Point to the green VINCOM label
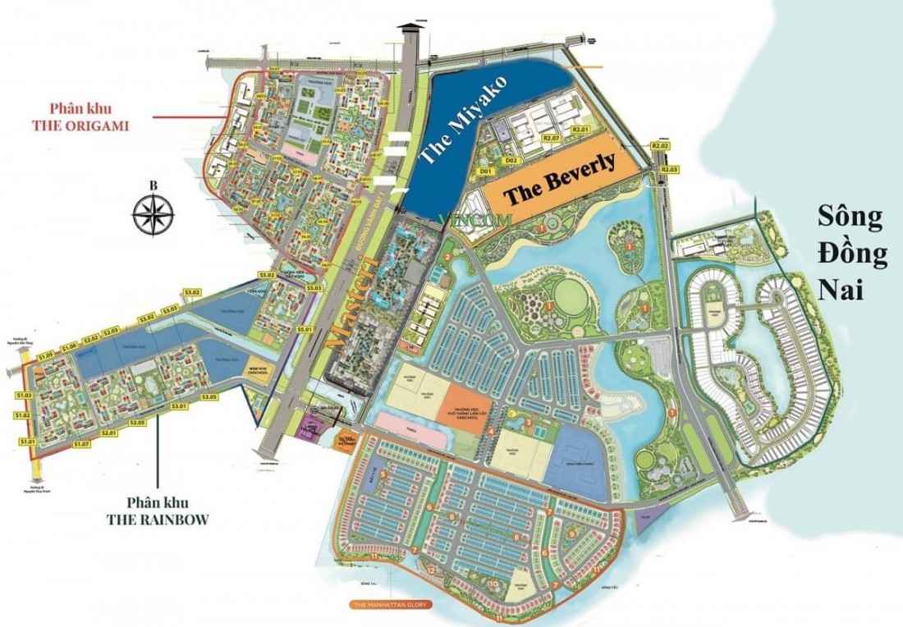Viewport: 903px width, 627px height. [x=476, y=220]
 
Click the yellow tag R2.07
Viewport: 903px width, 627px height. [x=550, y=138]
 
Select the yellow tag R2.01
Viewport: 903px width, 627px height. [x=581, y=130]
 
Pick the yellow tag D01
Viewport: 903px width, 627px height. [x=485, y=171]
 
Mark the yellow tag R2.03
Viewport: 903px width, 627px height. [x=671, y=169]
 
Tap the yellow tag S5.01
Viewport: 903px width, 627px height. [x=306, y=329]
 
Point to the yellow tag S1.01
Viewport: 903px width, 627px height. [x=28, y=442]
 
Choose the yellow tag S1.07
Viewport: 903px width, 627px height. [x=80, y=444]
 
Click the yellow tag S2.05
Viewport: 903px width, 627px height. [x=136, y=423]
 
